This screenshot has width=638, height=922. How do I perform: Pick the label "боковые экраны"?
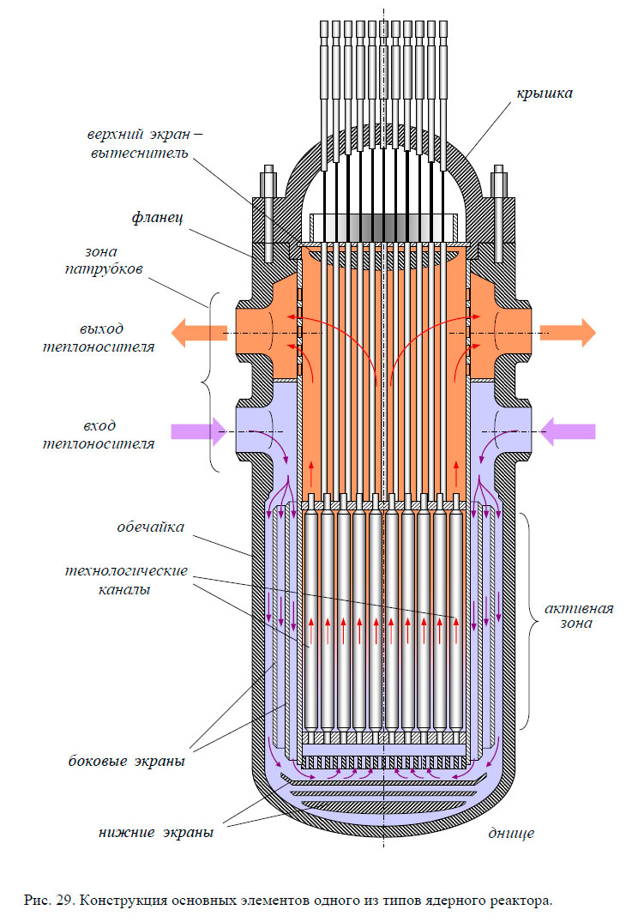coord(127,761)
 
